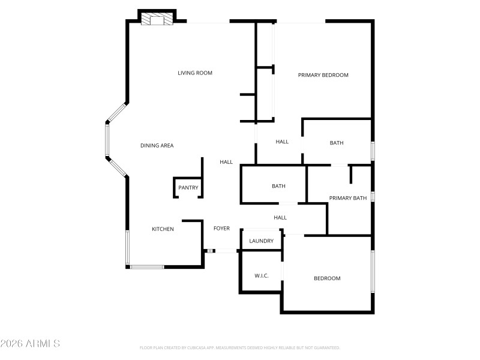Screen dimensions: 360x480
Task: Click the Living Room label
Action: click(195, 73)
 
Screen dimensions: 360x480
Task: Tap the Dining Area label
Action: click(157, 146)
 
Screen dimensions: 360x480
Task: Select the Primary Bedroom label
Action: click(323, 75)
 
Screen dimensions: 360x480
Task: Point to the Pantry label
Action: click(188, 188)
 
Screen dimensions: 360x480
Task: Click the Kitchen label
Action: click(163, 229)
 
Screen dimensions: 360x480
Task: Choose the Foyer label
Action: click(221, 228)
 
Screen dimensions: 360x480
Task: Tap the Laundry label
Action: click(262, 241)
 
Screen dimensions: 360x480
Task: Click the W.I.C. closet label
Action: click(261, 276)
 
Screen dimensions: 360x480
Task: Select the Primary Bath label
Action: click(347, 198)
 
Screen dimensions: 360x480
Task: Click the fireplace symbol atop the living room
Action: click(157, 20)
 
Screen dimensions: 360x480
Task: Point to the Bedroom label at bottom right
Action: click(328, 278)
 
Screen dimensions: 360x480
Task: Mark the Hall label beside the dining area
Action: click(226, 162)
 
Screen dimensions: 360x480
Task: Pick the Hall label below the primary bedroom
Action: click(282, 142)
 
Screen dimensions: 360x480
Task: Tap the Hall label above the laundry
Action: click(280, 218)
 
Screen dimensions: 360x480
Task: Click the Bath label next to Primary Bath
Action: click(337, 143)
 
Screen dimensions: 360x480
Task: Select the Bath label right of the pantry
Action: click(278, 186)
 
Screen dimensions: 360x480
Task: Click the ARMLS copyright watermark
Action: click(30, 344)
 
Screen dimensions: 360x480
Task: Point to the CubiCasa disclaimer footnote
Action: click(239, 347)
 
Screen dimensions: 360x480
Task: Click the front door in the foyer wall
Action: click(223, 251)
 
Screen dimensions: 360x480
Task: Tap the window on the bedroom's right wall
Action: click(373, 271)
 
